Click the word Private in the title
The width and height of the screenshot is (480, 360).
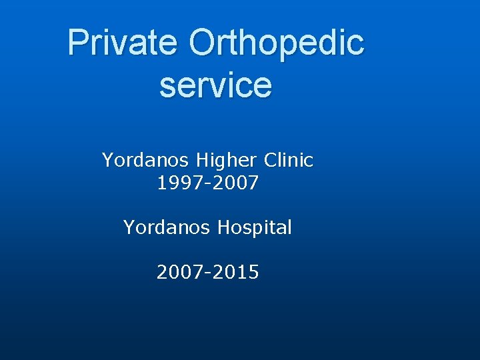tap(122, 42)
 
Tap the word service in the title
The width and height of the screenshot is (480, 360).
tap(215, 85)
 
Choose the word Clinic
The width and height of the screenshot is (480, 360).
tap(289, 160)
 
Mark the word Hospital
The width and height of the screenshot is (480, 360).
tap(256, 229)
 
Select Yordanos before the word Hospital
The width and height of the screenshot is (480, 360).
tap(167, 228)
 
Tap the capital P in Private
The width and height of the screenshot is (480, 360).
tap(78, 42)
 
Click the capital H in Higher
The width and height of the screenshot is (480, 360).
tap(203, 161)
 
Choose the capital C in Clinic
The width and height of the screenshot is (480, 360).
tap(271, 161)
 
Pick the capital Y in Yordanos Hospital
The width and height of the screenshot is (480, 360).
tap(129, 228)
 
